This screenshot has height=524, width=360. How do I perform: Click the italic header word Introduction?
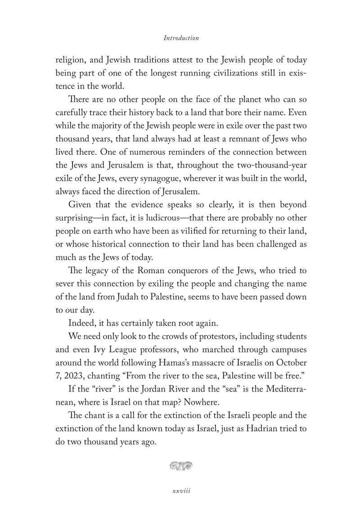(x=181, y=38)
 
